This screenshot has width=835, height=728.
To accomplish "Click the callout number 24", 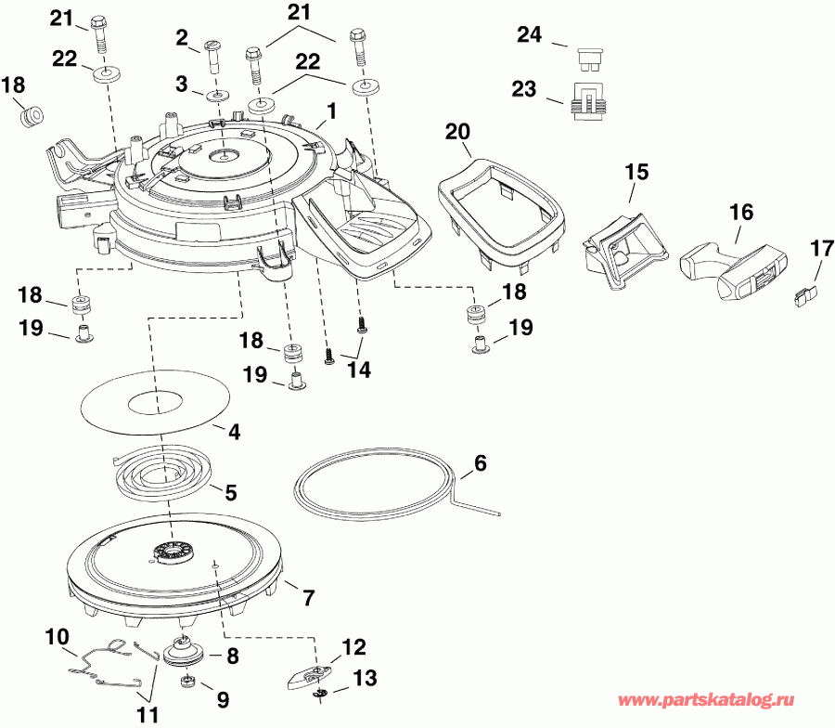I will (529, 35).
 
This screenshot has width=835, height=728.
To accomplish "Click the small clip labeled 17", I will (804, 296).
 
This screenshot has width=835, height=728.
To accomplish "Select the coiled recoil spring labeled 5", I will (158, 473).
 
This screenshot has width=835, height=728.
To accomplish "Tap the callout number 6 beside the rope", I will (480, 462).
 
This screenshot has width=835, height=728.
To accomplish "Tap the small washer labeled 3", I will (215, 96).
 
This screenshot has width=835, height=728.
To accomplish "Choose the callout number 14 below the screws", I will (359, 370).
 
